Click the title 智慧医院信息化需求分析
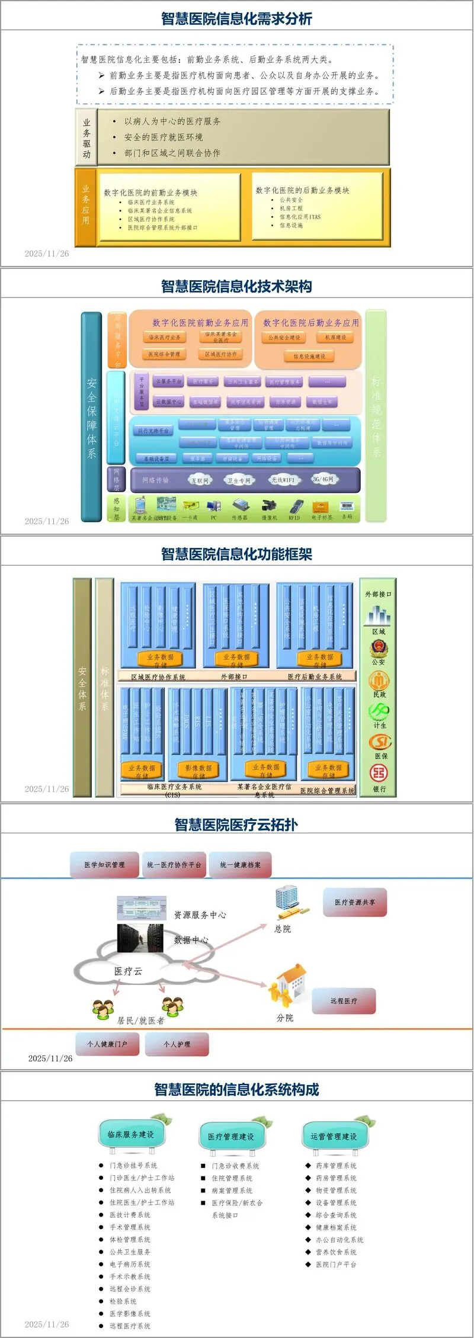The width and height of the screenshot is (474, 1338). pyautogui.click(x=236, y=18)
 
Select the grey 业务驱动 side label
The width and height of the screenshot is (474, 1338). pyautogui.click(x=87, y=137)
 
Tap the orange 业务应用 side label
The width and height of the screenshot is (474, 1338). pyautogui.click(x=86, y=207)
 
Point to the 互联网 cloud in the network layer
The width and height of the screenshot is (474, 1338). pyautogui.click(x=200, y=480)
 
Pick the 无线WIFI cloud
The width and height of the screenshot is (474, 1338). pyautogui.click(x=283, y=480)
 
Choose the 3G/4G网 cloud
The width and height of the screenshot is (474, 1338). pyautogui.click(x=324, y=479)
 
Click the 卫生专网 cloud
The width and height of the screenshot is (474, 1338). pyautogui.click(x=239, y=480)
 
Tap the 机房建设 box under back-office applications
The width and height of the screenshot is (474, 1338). pyautogui.click(x=335, y=338)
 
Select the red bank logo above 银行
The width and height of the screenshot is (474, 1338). pyautogui.click(x=379, y=772)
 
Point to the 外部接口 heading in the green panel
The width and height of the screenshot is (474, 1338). pyautogui.click(x=378, y=594)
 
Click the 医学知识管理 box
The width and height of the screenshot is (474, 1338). pyautogui.click(x=104, y=865)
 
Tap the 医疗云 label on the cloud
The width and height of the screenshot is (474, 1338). pyautogui.click(x=128, y=971)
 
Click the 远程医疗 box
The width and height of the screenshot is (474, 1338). pyautogui.click(x=344, y=1001)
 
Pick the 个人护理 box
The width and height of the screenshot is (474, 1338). pyautogui.click(x=177, y=1044)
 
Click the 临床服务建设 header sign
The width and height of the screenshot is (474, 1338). pyautogui.click(x=131, y=1134)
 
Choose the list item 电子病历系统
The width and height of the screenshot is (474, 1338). pyautogui.click(x=130, y=1264)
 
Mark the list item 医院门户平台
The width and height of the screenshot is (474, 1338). pyautogui.click(x=336, y=1264)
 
